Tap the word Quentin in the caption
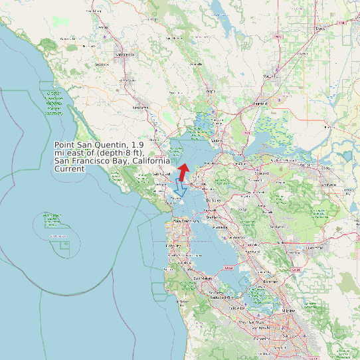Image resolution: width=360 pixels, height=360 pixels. tap(113, 145)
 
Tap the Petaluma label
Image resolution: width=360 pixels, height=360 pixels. tap(141, 107)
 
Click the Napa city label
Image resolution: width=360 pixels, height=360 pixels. tap(211, 91)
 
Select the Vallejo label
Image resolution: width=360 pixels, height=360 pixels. tap(215, 141)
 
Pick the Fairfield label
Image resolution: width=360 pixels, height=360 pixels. tap(260, 104)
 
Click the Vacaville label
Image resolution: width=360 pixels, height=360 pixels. tap(270, 76)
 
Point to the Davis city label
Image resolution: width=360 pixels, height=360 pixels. tap(321, 29)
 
